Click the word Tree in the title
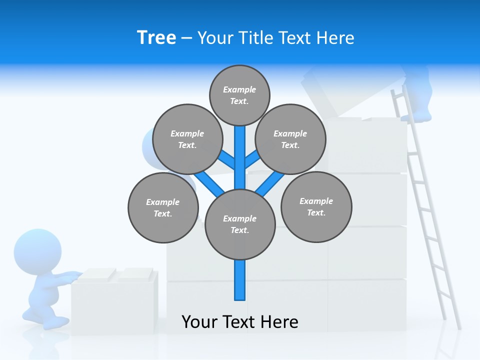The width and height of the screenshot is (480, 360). click(156, 37)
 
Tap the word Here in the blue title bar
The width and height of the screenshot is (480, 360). click(335, 37)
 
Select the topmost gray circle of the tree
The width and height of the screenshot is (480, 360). click(239, 95)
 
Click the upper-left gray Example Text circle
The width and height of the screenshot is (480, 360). click(187, 139)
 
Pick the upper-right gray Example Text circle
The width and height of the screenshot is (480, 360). click(290, 139)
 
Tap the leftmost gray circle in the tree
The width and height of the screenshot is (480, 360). click(163, 207)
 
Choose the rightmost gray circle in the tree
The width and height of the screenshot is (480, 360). click(316, 206)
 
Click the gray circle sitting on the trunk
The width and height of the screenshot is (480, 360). click(240, 224)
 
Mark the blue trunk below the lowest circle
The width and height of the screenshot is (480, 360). click(240, 280)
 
